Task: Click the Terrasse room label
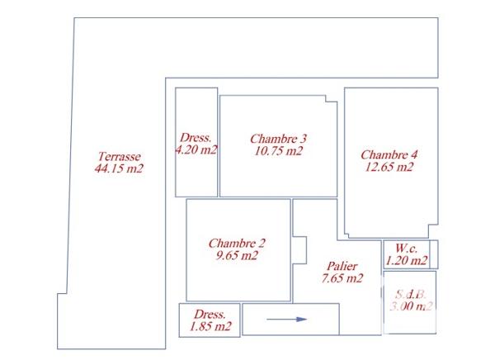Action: [x=119, y=157]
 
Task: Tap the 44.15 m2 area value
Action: [x=119, y=169]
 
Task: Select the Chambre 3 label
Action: [x=278, y=139]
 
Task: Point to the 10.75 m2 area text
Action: [x=278, y=151]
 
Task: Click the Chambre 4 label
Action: [x=389, y=154]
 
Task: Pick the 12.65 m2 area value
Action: [x=389, y=167]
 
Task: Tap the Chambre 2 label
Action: [x=237, y=243]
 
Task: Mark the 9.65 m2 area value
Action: [x=237, y=255]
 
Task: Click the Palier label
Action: [x=342, y=266]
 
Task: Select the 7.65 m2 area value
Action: [x=342, y=278]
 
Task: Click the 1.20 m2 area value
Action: [x=408, y=261]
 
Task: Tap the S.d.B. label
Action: [x=410, y=294]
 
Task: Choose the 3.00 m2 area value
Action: [x=411, y=306]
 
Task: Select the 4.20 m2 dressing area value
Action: [x=196, y=150]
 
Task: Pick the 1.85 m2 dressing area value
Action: [x=210, y=327]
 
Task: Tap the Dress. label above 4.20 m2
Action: [x=196, y=138]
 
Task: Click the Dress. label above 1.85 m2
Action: [x=210, y=315]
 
